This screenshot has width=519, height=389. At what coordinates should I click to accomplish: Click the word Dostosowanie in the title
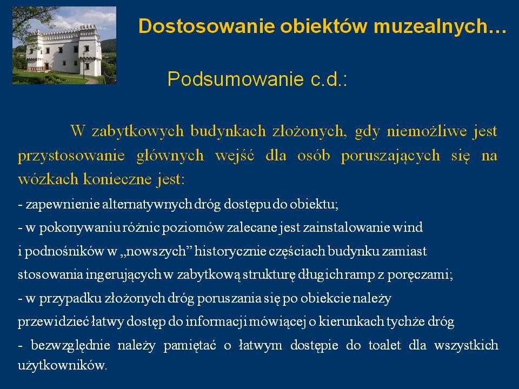pos(207,26)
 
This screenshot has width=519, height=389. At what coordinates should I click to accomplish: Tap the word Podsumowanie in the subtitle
pos(235,79)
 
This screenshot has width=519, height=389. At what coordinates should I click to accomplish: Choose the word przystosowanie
pos(71,156)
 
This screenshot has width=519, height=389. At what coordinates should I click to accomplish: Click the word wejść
pos(235,156)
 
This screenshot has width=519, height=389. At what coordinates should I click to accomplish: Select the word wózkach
pos(48,179)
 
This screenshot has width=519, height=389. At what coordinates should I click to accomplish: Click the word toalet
pos(384,345)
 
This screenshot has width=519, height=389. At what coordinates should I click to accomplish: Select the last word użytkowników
pos(62,366)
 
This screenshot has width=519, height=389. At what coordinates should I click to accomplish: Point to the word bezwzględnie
pos(70,345)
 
